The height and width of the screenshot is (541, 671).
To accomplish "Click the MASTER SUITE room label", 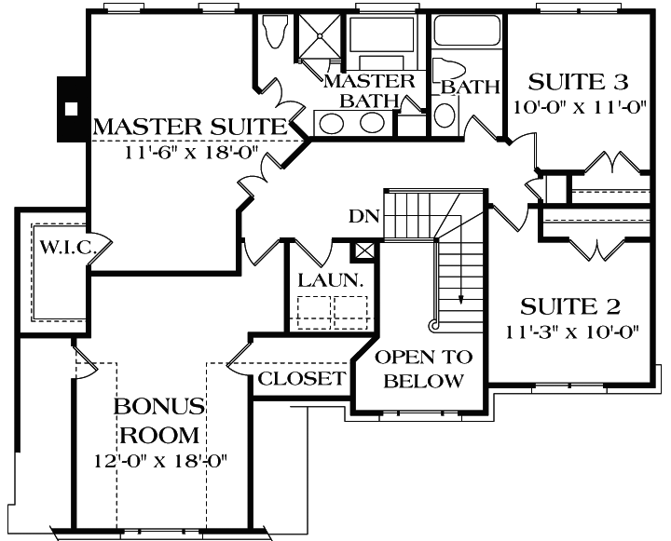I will point(186,126).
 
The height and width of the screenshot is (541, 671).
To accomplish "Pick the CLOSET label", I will point(301,379).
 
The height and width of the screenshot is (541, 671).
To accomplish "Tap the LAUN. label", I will point(324,280).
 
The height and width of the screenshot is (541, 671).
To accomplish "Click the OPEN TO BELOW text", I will point(423,369).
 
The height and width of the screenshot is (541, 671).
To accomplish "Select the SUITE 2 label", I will point(570,306).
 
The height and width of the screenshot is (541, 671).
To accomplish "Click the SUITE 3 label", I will point(578,81).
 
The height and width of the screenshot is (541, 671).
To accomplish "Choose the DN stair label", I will point(364,216).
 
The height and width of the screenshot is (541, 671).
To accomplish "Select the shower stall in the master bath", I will point(321,38).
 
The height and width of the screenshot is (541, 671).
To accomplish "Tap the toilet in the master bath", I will point(274,34).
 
